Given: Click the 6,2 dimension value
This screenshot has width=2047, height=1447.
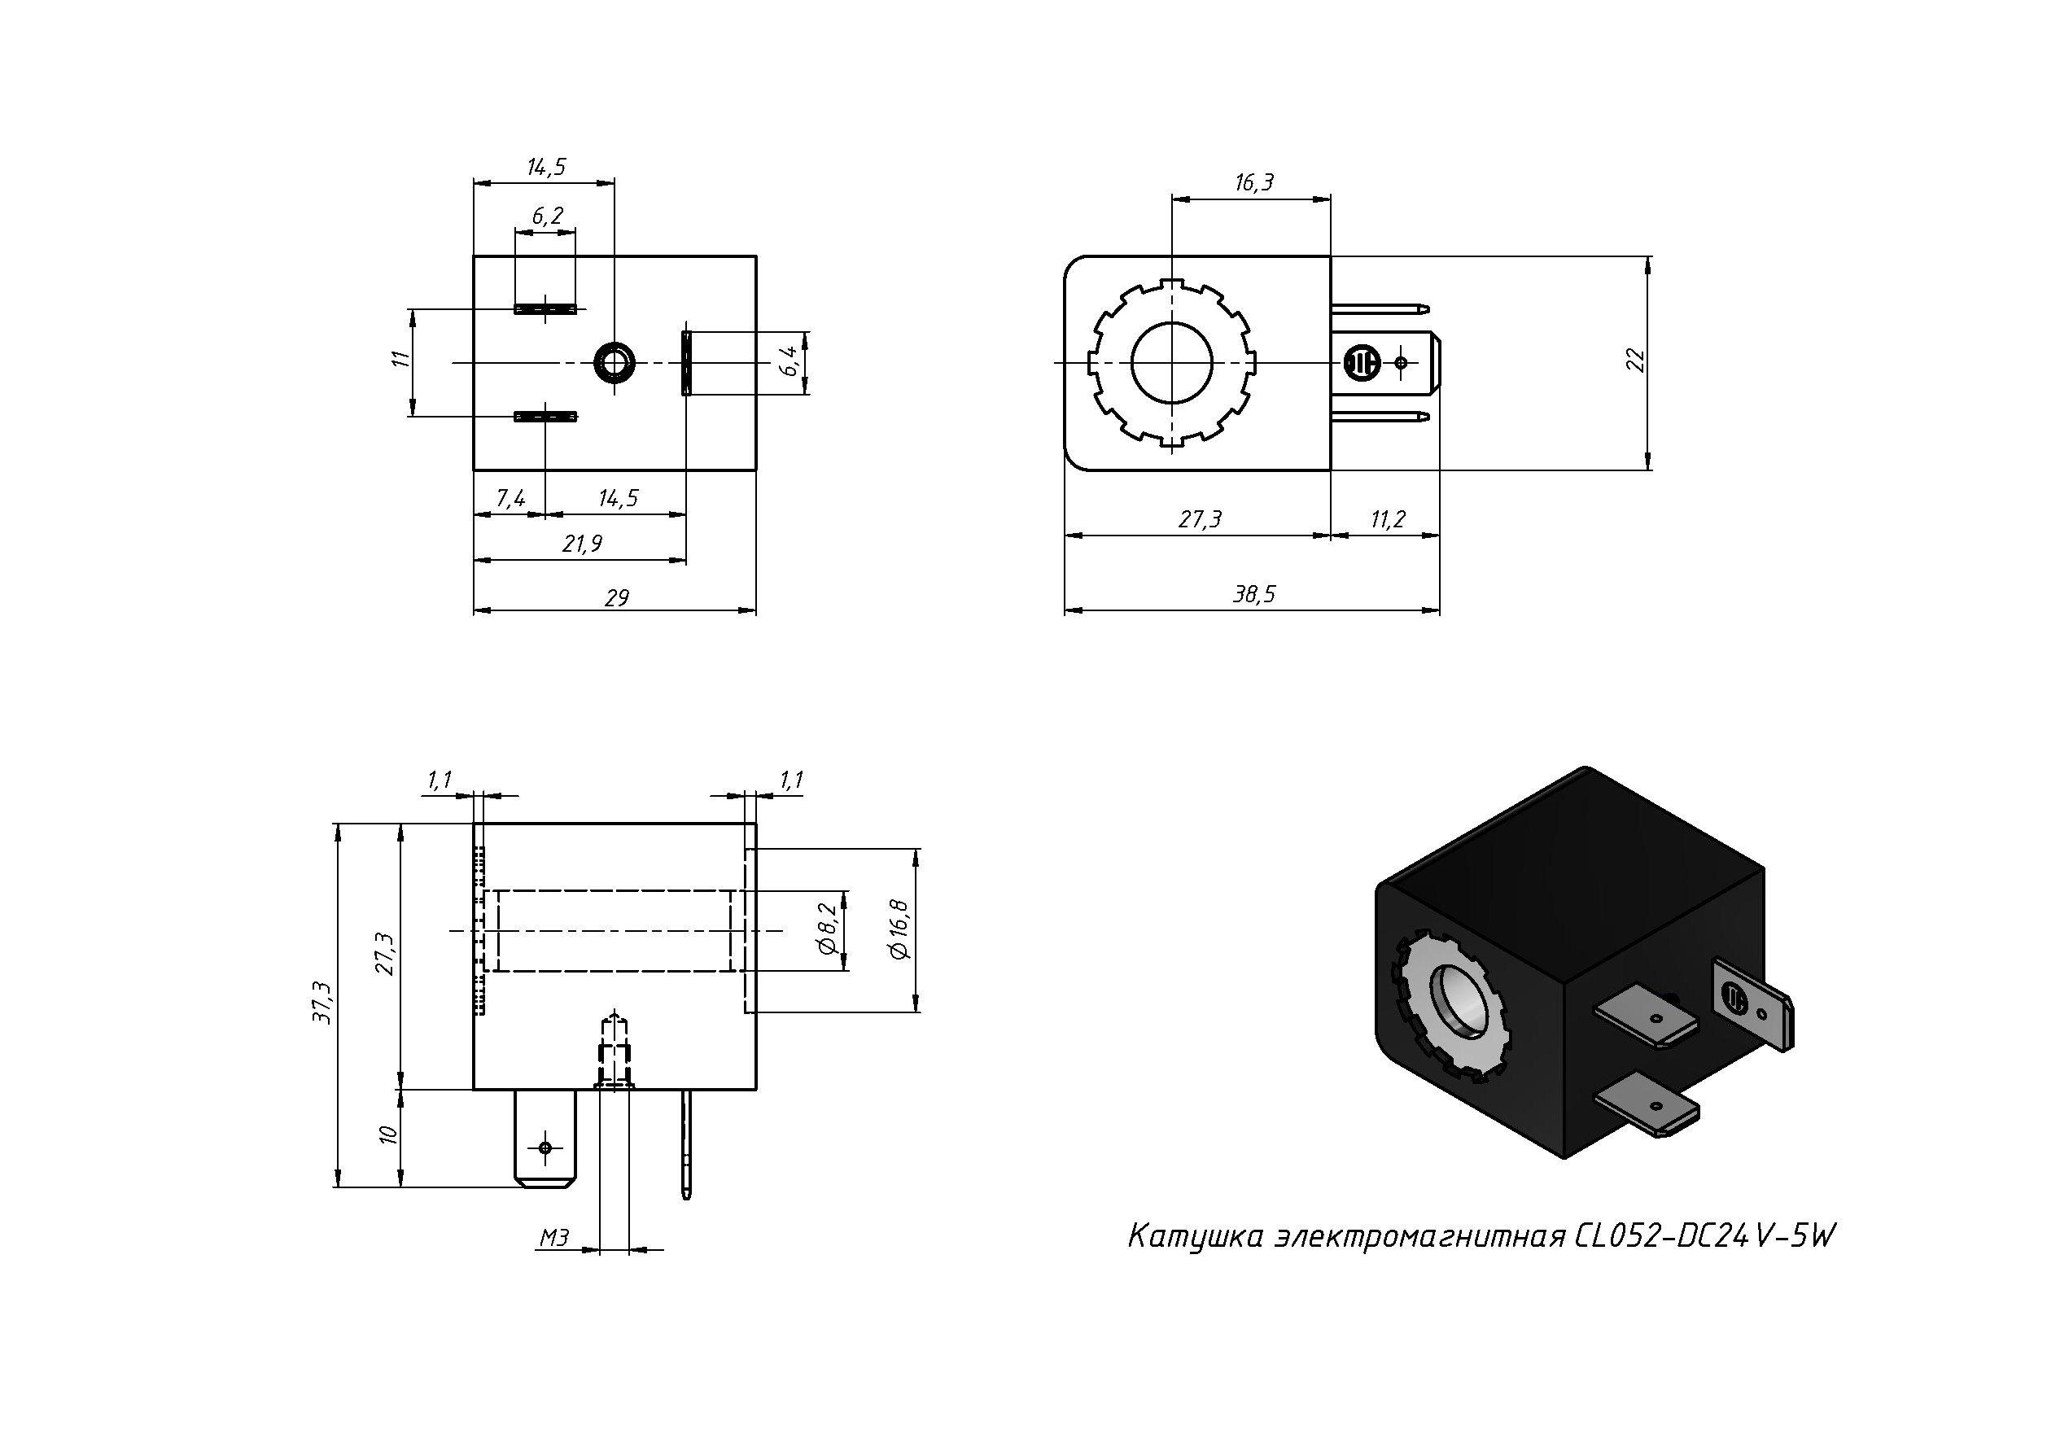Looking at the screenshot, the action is (549, 216).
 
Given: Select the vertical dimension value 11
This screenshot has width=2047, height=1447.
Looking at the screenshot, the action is (400, 358).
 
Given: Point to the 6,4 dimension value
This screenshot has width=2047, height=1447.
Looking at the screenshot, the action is (789, 362).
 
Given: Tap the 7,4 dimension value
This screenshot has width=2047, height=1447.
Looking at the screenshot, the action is (511, 498).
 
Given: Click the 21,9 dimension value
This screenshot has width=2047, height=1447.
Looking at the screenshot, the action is (582, 544).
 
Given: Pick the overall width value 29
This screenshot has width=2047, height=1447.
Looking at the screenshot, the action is (617, 597).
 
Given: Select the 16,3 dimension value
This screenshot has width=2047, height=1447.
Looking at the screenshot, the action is (1253, 183).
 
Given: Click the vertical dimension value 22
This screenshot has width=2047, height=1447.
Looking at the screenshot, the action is (1635, 361).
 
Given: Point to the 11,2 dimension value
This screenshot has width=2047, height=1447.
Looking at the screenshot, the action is (1387, 520).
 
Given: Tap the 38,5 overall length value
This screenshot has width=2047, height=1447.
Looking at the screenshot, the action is (1253, 595).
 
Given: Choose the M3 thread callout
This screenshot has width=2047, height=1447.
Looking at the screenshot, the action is (553, 1238).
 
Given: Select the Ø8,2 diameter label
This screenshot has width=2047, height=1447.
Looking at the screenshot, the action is (828, 930).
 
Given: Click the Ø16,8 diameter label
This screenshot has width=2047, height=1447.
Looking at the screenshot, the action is (899, 930).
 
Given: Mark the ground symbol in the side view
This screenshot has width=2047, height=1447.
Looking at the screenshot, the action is (1362, 363).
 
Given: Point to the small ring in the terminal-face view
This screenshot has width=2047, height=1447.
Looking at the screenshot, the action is (615, 362).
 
